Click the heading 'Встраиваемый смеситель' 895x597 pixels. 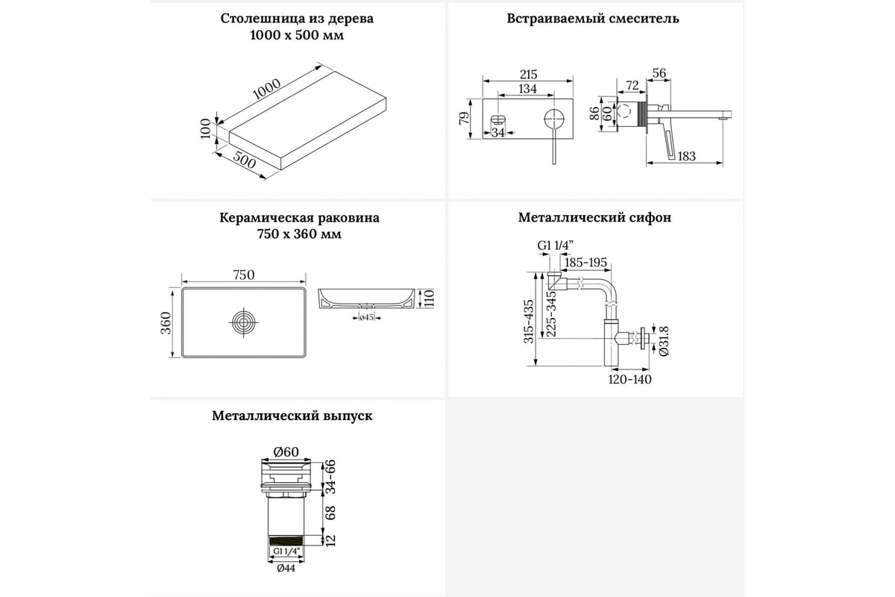pos(594,19)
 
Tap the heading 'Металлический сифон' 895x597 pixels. pos(594,218)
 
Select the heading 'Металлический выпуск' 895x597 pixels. pos(292,416)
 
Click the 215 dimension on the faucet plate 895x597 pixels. pos(527,75)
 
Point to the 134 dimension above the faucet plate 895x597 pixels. pos(527,90)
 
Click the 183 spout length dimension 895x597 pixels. pos(687,156)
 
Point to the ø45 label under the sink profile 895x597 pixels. pos(366,318)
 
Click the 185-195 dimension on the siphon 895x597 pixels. pos(586,263)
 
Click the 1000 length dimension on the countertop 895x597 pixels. pos(266,88)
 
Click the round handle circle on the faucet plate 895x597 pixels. pos(553,119)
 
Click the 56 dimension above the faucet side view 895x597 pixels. pos(659,72)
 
